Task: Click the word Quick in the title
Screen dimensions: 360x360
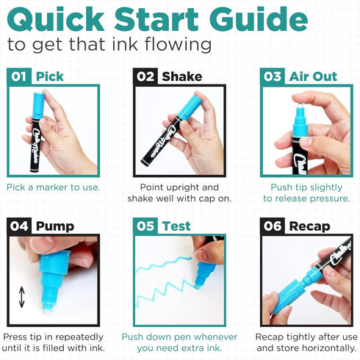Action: (56, 20)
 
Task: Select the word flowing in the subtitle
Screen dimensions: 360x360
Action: (178, 45)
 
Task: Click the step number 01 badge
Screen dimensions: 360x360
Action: (19, 76)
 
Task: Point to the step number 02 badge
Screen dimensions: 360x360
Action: (145, 76)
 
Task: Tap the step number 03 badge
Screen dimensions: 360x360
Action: (273, 76)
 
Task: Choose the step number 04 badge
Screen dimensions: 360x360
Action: (19, 226)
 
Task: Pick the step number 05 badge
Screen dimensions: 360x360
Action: (145, 226)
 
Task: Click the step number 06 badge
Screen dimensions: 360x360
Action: (273, 226)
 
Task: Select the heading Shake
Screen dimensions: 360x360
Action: (182, 76)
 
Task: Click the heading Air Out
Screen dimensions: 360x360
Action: (313, 76)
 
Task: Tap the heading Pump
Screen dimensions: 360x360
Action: (55, 227)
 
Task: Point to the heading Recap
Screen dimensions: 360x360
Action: (309, 227)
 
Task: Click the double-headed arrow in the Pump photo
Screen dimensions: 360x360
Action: (22, 297)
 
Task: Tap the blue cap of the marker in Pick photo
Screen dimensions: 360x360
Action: (38, 105)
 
